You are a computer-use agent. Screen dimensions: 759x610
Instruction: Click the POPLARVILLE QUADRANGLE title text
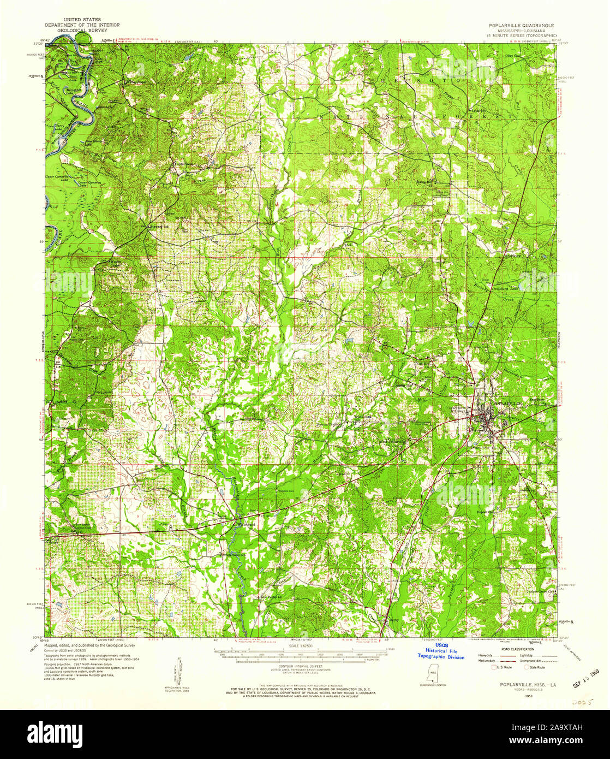click(x=521, y=25)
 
